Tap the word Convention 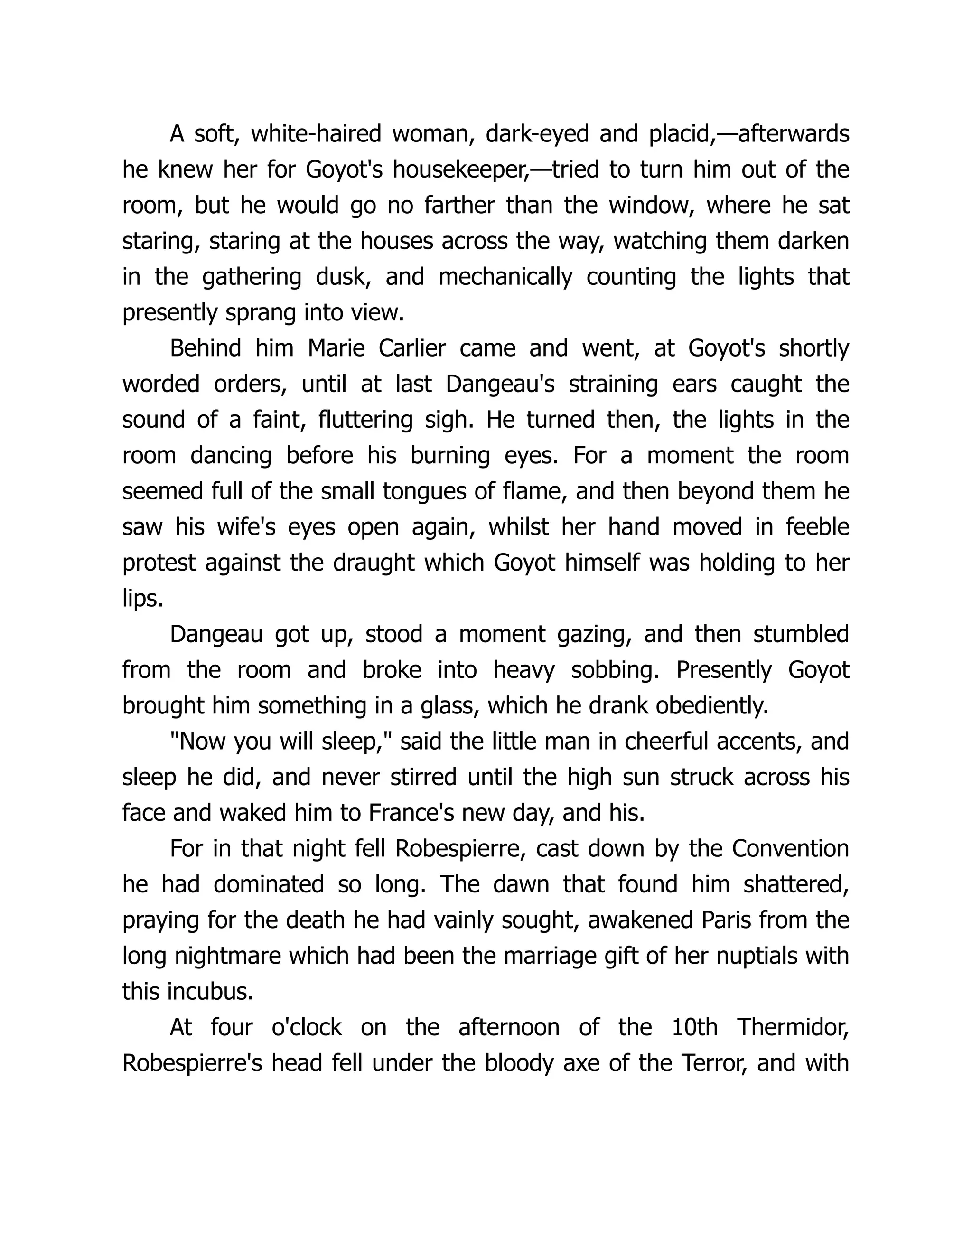pyautogui.click(x=790, y=848)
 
